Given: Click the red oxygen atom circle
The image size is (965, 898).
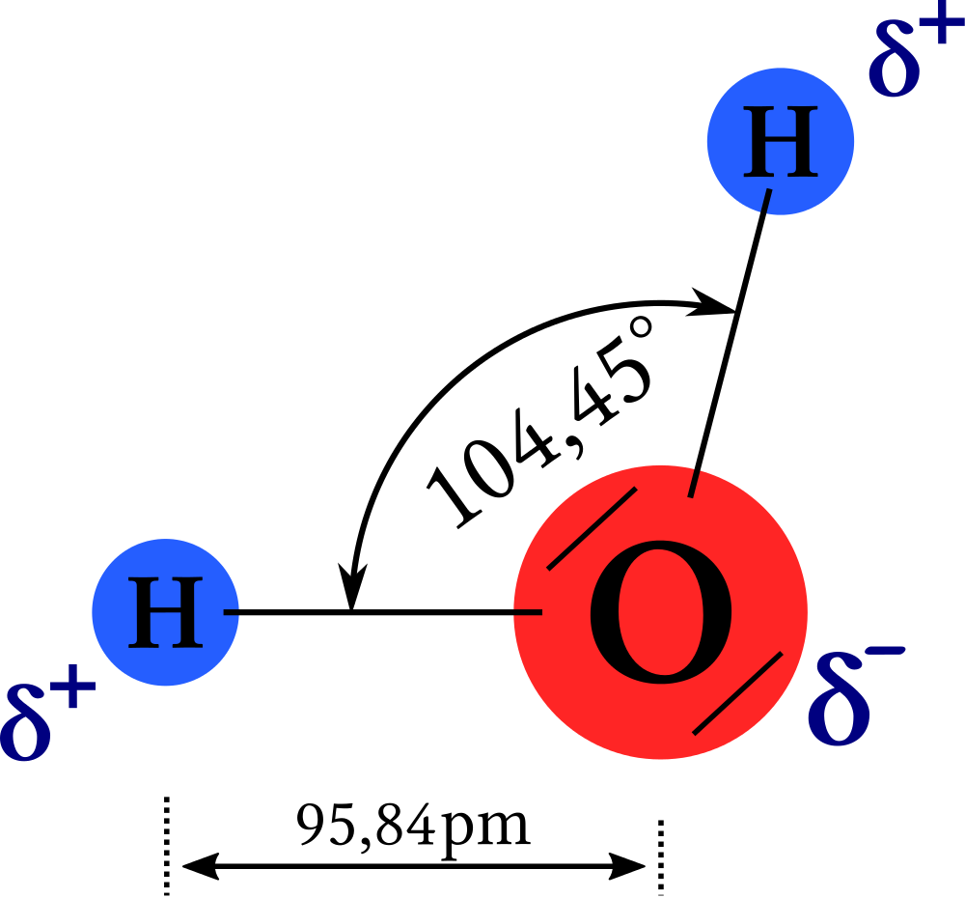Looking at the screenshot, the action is tap(660, 612).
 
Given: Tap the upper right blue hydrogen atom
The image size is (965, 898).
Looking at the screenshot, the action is tap(781, 141).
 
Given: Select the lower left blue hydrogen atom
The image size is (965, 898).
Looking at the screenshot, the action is tap(166, 612).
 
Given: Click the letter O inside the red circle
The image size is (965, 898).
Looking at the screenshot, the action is tap(661, 612).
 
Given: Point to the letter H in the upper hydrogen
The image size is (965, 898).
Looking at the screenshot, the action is tap(781, 141).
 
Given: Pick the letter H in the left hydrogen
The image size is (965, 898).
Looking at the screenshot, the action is tap(166, 612).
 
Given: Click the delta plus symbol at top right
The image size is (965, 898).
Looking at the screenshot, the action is tap(916, 54).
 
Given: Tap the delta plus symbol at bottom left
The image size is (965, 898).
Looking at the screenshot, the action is tap(48, 712).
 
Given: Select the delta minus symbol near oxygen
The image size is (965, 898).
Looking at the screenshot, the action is tap(856, 695).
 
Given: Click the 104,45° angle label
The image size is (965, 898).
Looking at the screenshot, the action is tap(539, 423).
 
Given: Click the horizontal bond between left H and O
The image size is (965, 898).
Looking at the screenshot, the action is tap(383, 612).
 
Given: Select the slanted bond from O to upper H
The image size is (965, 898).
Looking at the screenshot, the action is tap(730, 343).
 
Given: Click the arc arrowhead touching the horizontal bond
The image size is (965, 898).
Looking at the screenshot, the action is tap(352, 586).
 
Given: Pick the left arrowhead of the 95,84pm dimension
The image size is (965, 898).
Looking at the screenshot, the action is tap(200, 866).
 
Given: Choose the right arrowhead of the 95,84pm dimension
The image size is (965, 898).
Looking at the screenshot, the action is tap(627, 866).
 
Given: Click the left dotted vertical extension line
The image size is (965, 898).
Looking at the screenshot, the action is tap(167, 845).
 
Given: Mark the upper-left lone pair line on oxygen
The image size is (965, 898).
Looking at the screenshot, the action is tap(592, 528).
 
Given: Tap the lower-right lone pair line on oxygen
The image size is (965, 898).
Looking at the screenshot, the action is tap(737, 693).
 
